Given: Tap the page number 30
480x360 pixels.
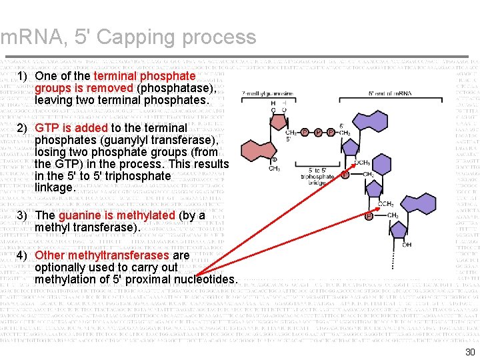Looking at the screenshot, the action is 470,352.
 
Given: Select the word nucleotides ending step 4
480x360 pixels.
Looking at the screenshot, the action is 204,279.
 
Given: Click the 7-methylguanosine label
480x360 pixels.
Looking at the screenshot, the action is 267,93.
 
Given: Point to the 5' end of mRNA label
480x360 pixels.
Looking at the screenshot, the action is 390,93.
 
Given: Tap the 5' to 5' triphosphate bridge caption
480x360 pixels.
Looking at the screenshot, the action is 317,177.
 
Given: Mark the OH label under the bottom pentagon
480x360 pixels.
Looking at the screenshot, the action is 407,245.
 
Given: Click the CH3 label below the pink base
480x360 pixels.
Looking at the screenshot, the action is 274,169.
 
